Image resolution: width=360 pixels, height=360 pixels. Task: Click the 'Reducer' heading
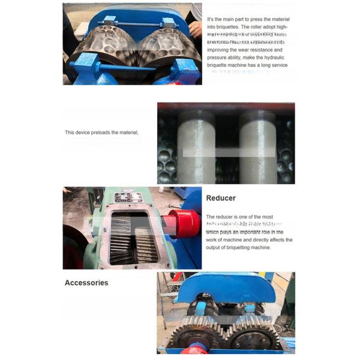click(x=221, y=198)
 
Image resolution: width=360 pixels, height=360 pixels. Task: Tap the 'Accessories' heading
click(x=86, y=283)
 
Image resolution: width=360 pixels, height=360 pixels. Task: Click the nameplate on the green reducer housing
click(x=128, y=198)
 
